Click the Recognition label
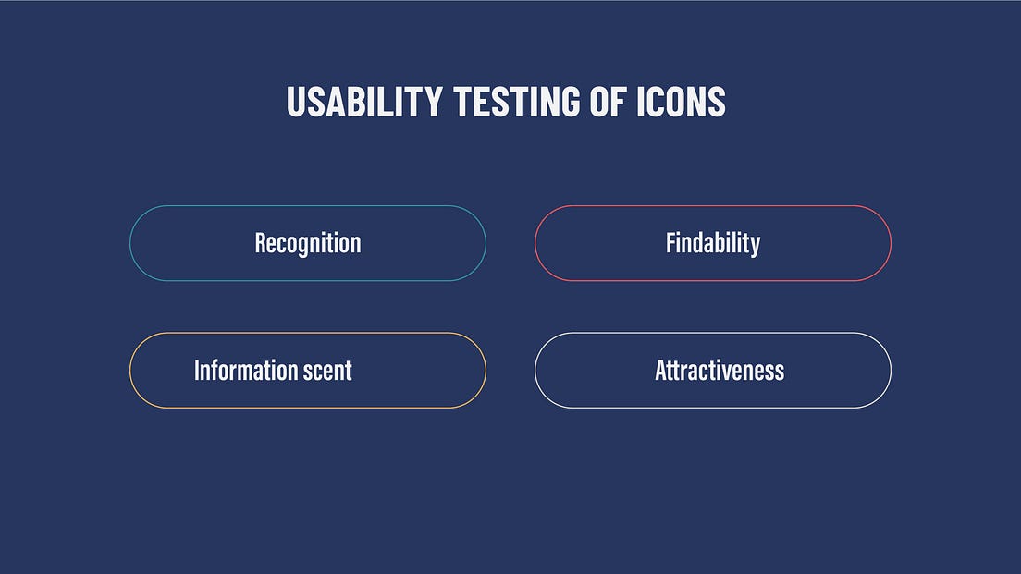tap(308, 243)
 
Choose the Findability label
tap(713, 243)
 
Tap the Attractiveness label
tap(720, 371)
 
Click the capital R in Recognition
tap(261, 243)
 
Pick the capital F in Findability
tap(670, 243)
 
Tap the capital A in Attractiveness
tap(660, 371)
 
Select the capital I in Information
tap(196, 371)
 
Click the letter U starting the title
tap(295, 102)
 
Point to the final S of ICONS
tap(718, 102)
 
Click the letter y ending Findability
tap(756, 245)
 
